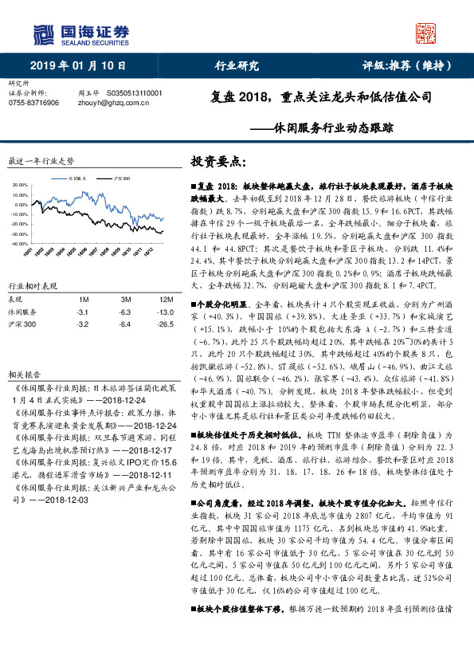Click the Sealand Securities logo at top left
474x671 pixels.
click(80, 33)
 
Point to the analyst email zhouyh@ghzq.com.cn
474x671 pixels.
click(118, 102)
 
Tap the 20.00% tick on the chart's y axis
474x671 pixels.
click(20, 184)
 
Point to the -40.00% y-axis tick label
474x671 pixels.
click(19, 244)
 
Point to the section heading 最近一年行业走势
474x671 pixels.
click(41, 160)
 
